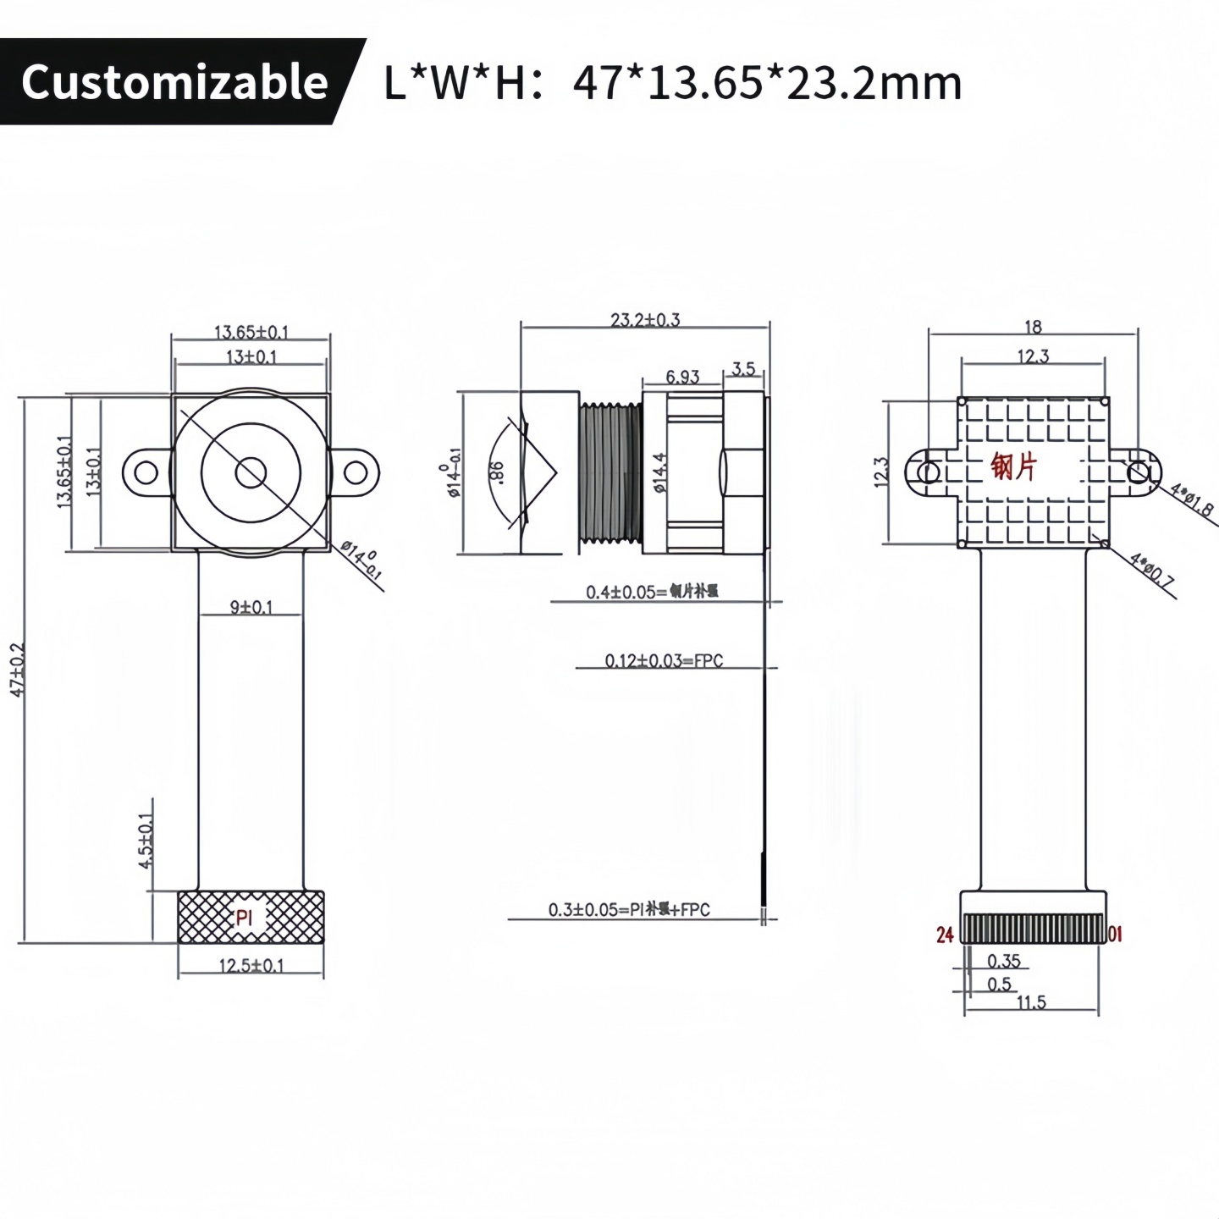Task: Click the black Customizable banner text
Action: pos(174,82)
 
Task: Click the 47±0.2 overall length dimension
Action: pos(19,669)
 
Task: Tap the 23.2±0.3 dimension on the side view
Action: pos(645,319)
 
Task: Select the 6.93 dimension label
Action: pos(682,376)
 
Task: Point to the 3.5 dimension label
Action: pos(743,369)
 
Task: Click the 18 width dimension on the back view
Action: pos(1033,327)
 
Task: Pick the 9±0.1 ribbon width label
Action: pos(251,607)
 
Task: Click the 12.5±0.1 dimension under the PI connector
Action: pos(251,965)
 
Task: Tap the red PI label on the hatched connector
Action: pos(245,917)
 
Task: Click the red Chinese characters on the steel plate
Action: pos(1013,466)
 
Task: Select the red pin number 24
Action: pos(945,935)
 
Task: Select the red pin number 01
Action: pos(1116,934)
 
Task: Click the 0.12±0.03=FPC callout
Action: pos(664,660)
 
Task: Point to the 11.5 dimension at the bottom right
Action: pos(1031,1002)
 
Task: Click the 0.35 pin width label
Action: pos(1004,961)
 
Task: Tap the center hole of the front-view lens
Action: pos(251,472)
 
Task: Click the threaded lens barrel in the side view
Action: pos(610,472)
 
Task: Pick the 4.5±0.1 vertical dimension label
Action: pos(146,840)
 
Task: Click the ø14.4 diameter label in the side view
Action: pos(660,472)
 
